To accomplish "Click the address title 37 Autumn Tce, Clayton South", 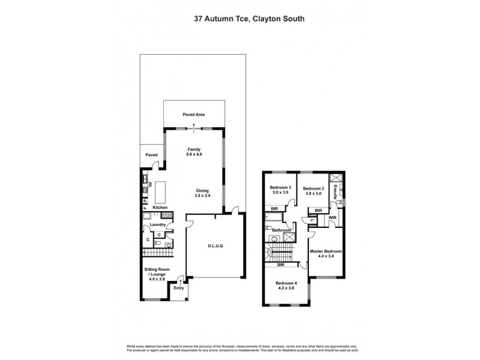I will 240,18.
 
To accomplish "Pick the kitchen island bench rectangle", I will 161,193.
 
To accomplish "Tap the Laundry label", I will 158,226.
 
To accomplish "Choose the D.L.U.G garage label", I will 215,245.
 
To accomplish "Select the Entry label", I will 179,289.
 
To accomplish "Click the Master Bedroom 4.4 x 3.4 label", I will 326,254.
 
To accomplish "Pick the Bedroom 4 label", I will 286,286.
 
